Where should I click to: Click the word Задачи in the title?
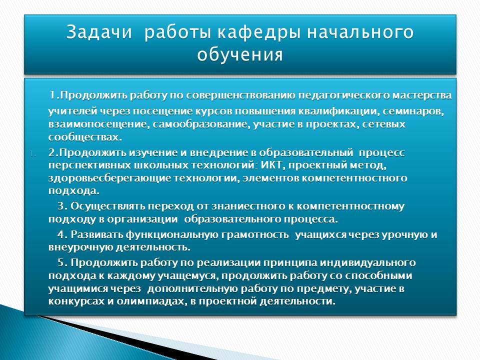click(x=99, y=32)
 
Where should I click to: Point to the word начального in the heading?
click(x=360, y=32)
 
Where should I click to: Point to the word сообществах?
click(x=85, y=137)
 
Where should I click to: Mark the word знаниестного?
click(x=248, y=206)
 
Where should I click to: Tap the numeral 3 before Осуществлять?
click(x=61, y=206)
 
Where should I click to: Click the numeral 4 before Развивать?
click(x=61, y=234)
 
